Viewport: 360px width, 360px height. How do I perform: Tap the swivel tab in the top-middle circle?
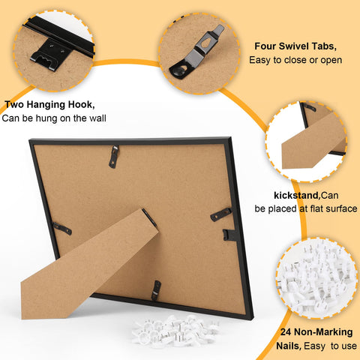pos(196,52)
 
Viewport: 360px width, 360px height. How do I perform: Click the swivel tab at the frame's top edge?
pos(114,157)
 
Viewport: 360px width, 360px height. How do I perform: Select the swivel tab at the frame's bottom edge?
pos(156,290)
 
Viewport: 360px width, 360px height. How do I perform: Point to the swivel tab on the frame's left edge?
pos(62,228)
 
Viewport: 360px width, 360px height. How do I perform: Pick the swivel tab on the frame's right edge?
pos(220,214)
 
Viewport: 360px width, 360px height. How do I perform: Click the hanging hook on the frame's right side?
pos(229,235)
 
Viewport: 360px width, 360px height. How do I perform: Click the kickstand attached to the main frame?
pos(90,265)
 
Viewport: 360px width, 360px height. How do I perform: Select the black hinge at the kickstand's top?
pos(149,217)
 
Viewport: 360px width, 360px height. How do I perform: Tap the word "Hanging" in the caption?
pos(46,105)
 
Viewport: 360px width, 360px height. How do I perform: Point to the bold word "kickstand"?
pos(297,195)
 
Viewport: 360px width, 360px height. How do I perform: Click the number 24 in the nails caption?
pos(286,332)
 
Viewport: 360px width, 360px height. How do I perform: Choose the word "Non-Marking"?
pos(323,332)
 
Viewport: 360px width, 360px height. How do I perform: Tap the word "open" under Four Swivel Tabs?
pos(331,61)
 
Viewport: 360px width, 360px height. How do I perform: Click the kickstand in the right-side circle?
pos(313,141)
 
